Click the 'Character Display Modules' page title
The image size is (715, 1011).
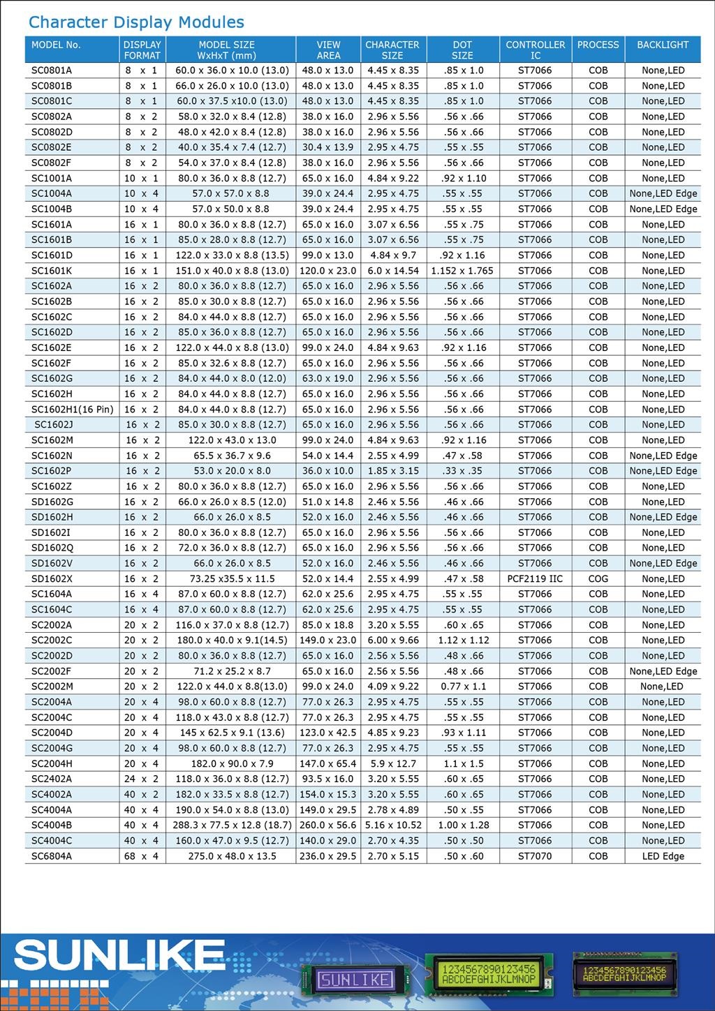point(136,22)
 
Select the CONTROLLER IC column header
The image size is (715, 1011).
point(535,50)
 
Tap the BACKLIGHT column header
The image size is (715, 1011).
point(663,45)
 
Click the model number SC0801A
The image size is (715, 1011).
point(52,70)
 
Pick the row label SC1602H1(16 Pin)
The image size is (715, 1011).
point(72,410)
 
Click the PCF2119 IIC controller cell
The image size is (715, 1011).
point(535,579)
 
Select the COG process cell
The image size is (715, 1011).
point(598,579)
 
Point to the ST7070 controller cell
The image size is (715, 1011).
point(535,856)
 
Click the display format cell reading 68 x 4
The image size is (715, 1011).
point(142,856)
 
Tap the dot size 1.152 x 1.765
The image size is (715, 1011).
point(462,271)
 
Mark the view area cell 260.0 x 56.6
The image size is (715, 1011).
point(327,825)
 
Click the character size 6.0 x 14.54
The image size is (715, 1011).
point(393,271)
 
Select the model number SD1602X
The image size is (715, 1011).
point(52,579)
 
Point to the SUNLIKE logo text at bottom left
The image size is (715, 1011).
point(119,956)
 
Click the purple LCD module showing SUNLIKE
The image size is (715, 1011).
point(355,980)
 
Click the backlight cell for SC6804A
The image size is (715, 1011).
point(663,856)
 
